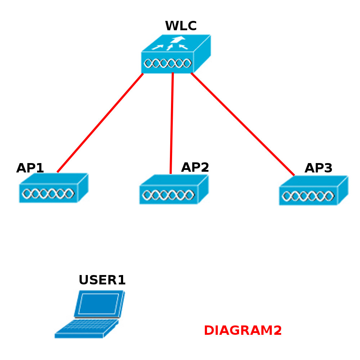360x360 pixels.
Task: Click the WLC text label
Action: tap(181, 26)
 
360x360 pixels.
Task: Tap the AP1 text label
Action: tap(30, 168)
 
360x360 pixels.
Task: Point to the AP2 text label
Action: tap(195, 167)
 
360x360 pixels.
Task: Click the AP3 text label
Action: tap(318, 168)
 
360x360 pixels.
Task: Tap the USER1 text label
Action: tap(102, 280)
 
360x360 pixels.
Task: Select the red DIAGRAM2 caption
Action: tap(243, 330)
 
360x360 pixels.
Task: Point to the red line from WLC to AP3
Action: tap(243, 124)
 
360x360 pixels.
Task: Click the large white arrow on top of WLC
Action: tap(178, 40)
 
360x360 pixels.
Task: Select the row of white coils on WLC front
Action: tap(167, 63)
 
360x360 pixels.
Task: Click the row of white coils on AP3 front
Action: tap(308, 196)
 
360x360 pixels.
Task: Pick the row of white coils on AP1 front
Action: tap(48, 194)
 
